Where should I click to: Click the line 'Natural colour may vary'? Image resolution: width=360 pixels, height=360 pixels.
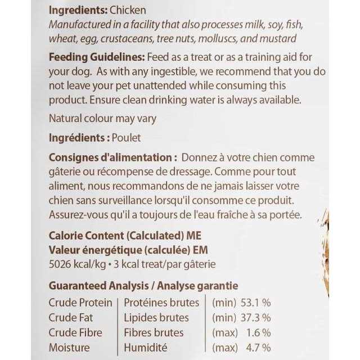102,119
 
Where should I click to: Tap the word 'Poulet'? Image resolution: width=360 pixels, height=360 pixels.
127,138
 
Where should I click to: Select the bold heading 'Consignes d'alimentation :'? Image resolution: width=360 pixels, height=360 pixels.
113,157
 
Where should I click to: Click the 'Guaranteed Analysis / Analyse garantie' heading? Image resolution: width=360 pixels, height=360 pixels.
143,286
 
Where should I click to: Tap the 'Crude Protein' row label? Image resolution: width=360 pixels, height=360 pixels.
80,303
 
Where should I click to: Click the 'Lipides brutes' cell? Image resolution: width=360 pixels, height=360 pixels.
156,318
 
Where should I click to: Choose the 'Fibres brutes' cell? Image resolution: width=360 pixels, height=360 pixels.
154,332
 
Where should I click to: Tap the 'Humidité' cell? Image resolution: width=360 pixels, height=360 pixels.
145,348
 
